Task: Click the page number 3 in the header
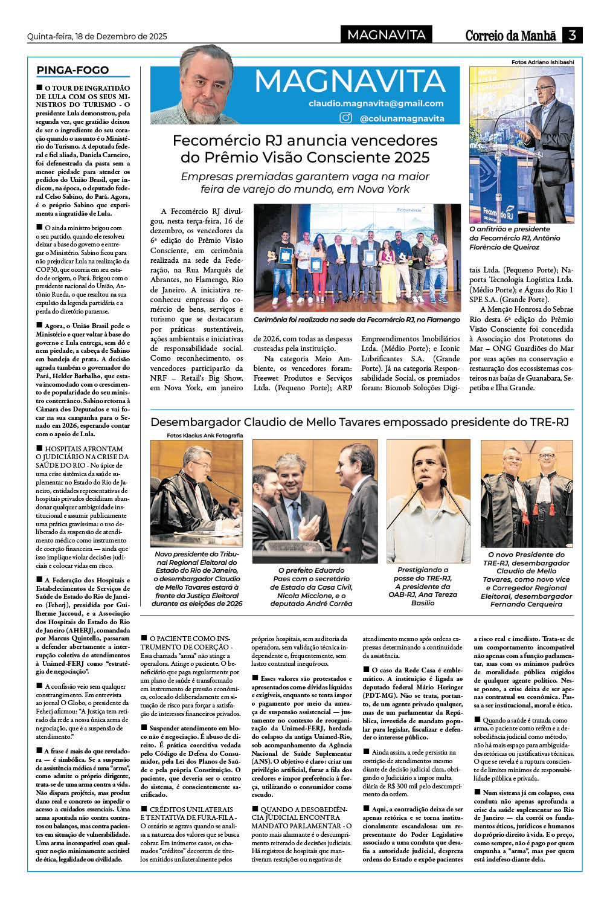pos(571,35)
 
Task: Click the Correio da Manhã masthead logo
pos(510,36)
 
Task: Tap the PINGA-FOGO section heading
pos(72,70)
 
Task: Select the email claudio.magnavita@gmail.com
pos(376,103)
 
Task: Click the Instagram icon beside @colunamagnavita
pos(346,118)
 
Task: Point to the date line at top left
pos(97,36)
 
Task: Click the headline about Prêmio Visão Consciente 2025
pos(305,149)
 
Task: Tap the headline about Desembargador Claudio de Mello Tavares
pos(359,422)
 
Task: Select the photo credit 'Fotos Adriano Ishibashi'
pos(542,62)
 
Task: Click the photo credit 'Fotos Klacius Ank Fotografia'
pos(205,435)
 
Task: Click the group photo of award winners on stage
pos(357,258)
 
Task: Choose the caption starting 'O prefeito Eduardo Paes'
pos(311,587)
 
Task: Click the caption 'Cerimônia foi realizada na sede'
pos(356,320)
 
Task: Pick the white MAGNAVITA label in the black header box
pos(386,35)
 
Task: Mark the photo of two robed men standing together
pos(527,493)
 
